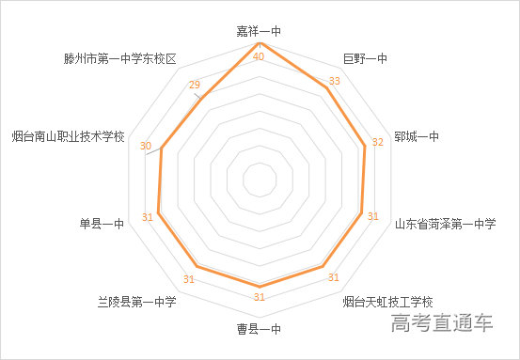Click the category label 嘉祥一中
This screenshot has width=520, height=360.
click(259, 31)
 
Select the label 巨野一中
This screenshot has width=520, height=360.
click(365, 59)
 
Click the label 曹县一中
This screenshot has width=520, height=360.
click(259, 330)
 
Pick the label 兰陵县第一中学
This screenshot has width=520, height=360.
click(136, 302)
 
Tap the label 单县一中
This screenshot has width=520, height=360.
click(102, 224)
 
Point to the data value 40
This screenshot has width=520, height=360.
click(259, 56)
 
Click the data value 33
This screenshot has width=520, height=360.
click(334, 81)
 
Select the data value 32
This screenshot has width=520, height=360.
click(378, 143)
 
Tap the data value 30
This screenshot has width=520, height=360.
click(146, 146)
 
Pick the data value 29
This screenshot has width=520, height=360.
click(195, 86)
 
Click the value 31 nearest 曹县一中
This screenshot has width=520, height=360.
click(259, 298)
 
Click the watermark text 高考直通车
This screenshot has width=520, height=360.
click(444, 325)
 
